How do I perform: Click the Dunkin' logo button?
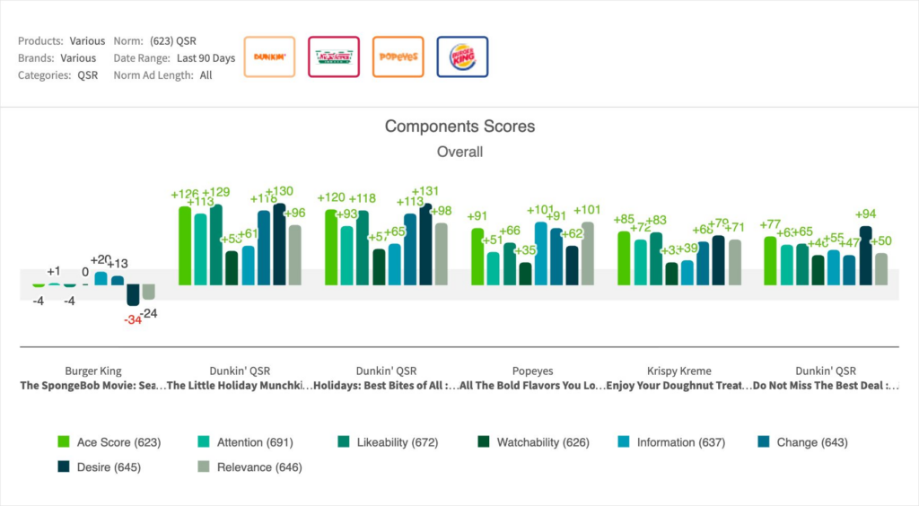click(269, 57)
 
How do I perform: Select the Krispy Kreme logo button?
click(334, 57)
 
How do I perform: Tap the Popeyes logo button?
click(398, 57)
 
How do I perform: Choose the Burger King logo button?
click(462, 57)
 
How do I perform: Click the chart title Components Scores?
click(459, 126)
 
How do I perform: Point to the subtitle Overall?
click(459, 152)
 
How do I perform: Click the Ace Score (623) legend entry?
click(109, 442)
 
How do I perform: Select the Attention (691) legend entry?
click(244, 442)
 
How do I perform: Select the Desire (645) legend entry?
click(99, 467)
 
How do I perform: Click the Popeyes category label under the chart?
click(532, 371)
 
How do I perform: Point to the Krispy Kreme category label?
click(678, 371)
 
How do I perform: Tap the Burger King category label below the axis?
click(93, 371)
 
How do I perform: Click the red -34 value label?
click(132, 319)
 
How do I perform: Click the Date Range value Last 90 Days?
click(206, 58)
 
